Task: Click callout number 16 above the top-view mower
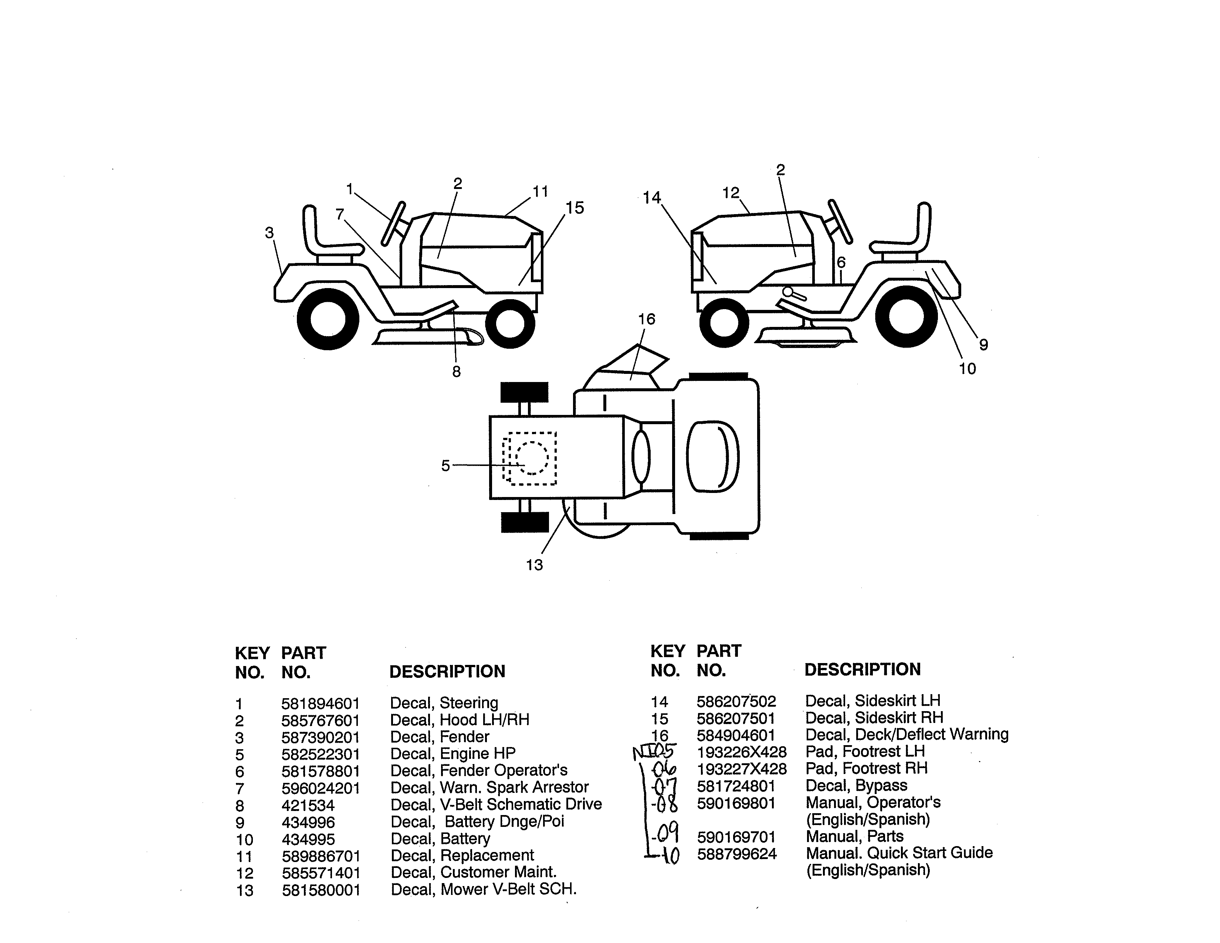pos(646,320)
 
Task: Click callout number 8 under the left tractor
pos(456,372)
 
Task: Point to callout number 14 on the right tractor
pos(651,198)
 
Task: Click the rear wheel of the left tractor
pos(328,318)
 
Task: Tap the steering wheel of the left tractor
pos(393,223)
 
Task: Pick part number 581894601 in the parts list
pos(320,703)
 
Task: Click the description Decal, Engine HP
pos(453,754)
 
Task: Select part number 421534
pos(308,805)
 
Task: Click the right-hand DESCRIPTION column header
pos(862,669)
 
